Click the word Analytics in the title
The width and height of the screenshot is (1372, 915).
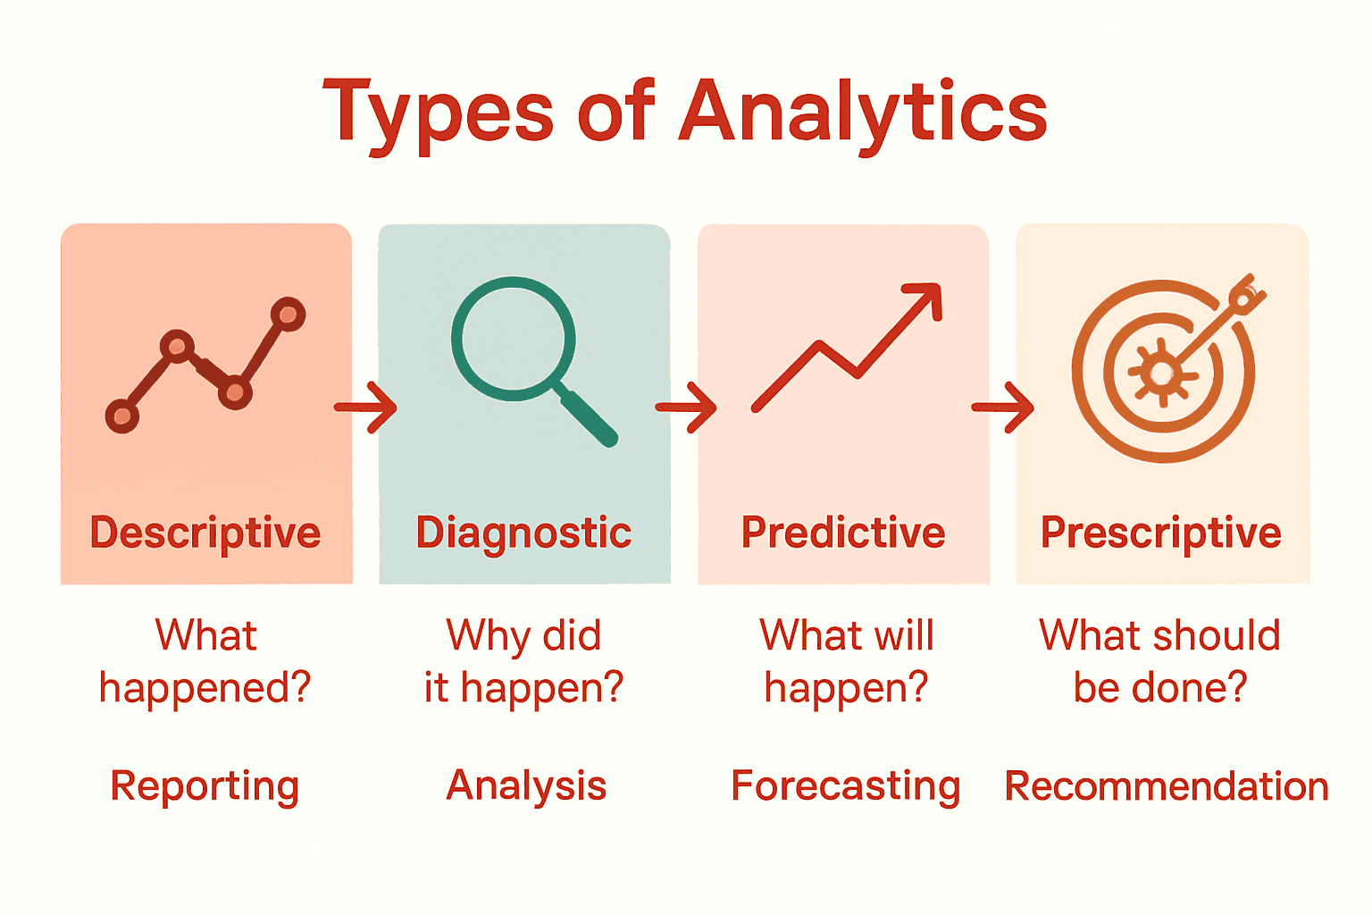point(863,113)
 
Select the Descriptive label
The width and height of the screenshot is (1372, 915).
point(205,533)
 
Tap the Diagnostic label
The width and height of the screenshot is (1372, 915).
point(524,533)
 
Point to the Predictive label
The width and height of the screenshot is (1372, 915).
point(843,533)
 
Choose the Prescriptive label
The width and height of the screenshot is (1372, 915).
point(1161,533)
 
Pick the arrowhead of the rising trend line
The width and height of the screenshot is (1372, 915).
point(927,298)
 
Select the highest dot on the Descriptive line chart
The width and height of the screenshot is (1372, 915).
point(288,315)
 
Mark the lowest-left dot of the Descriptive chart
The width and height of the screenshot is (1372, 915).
point(122,416)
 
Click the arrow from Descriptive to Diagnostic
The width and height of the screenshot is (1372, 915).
point(366,407)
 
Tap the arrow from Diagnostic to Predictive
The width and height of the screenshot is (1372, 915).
point(686,407)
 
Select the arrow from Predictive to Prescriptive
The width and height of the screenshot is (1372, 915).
point(1003,407)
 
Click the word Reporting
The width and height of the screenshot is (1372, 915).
point(205,787)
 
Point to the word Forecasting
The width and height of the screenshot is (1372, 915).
point(845,787)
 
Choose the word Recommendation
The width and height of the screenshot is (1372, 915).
point(1167,787)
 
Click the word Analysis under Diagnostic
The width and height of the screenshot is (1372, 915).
point(526,786)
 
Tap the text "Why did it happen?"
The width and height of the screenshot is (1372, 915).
point(524,661)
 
